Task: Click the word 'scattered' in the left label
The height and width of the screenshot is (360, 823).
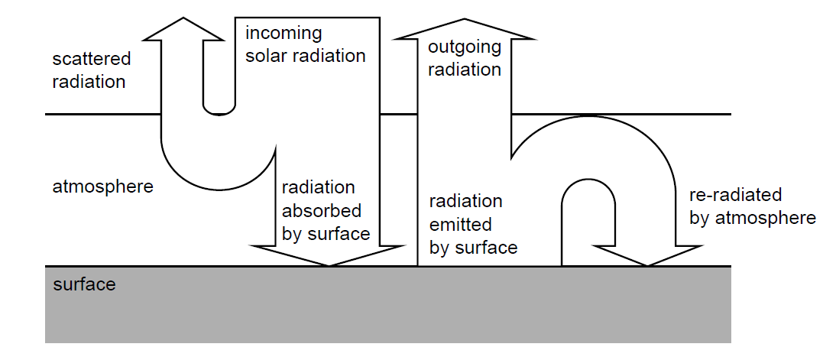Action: [92, 59]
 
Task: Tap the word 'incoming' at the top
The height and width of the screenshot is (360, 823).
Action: [284, 34]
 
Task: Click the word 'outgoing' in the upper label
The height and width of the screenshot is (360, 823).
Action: [465, 47]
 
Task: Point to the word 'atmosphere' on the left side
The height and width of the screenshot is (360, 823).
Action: [103, 186]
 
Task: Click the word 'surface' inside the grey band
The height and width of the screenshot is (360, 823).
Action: [84, 285]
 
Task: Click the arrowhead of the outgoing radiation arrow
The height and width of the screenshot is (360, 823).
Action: [463, 28]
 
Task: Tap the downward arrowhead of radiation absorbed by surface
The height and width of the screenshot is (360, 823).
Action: [329, 255]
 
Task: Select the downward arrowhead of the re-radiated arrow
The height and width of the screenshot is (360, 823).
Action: [648, 255]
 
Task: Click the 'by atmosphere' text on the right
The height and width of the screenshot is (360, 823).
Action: [753, 219]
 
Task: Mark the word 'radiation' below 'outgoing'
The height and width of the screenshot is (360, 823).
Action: [465, 70]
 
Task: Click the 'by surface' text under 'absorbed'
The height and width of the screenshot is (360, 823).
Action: [326, 235]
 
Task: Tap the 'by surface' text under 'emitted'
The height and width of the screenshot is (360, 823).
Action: [474, 248]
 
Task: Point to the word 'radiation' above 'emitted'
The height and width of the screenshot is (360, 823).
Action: [466, 202]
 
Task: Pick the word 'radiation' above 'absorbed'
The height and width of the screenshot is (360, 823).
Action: [319, 187]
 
